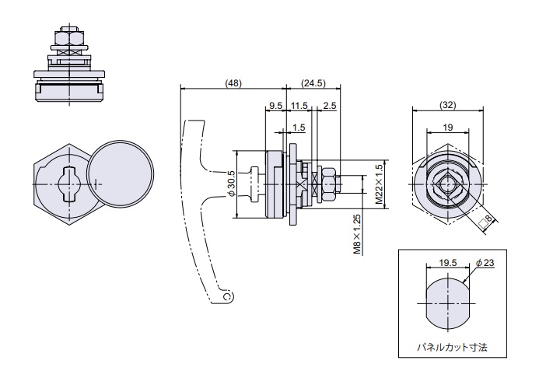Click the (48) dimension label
(x=233, y=82)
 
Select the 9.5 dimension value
(x=275, y=105)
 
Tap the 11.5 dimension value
(x=299, y=105)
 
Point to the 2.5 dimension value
(x=329, y=105)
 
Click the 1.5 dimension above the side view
(x=299, y=128)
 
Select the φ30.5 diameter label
(x=230, y=184)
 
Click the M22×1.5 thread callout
(x=379, y=184)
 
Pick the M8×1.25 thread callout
(x=357, y=234)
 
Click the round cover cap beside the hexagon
(x=119, y=176)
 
